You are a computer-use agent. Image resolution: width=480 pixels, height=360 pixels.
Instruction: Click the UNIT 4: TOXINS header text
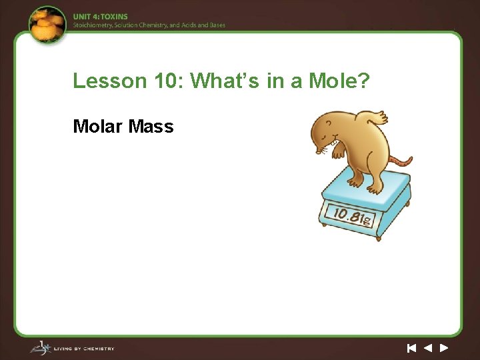100,16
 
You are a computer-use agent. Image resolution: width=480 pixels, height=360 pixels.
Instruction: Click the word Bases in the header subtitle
216,25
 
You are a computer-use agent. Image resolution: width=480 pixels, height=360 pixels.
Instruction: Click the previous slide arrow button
427,347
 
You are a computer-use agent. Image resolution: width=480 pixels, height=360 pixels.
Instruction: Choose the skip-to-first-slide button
411,347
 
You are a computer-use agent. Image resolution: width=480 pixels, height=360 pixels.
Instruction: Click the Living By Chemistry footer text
85,348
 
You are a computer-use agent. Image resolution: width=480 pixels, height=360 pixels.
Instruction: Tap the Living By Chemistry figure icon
39,347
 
